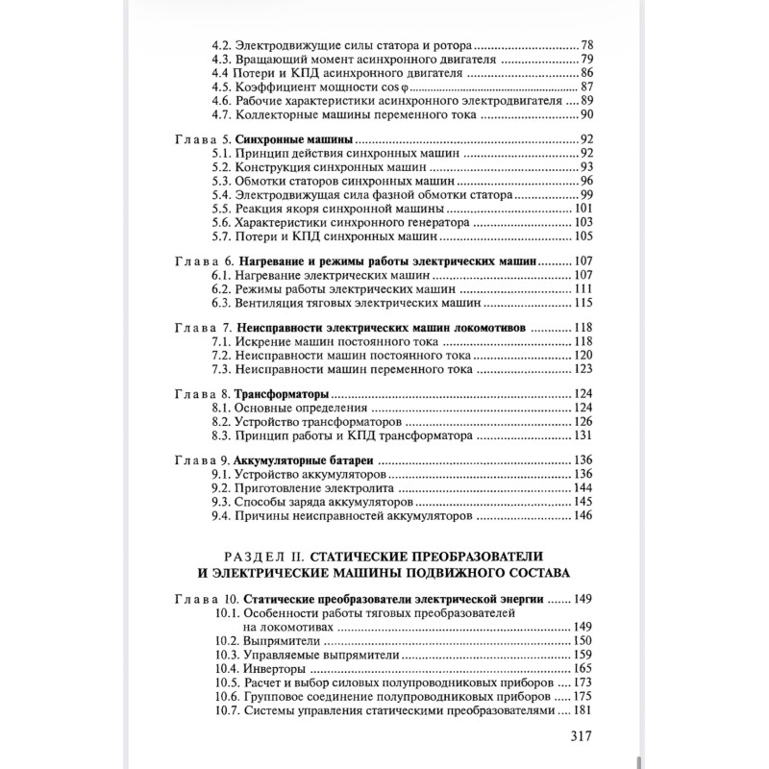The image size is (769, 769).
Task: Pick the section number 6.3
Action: (223, 302)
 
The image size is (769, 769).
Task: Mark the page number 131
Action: (582, 435)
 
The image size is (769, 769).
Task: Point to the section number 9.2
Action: (223, 488)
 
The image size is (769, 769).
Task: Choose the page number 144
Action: (582, 488)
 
